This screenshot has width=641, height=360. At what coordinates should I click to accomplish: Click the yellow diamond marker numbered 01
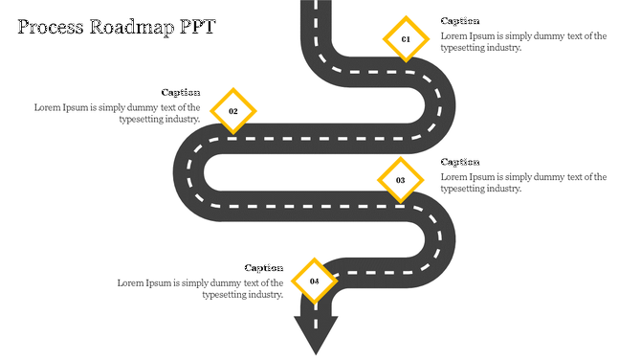pos(406,39)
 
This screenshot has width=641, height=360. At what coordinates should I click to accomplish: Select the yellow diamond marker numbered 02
pos(232,111)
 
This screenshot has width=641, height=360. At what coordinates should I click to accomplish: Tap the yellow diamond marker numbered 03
pos(401,180)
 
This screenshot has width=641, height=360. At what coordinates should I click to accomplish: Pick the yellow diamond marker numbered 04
pos(314,281)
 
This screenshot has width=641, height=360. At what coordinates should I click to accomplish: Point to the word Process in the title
pos(49,27)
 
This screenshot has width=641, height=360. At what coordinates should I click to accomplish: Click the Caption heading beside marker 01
pos(460,21)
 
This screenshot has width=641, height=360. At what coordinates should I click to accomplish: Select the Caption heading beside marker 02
pos(181,93)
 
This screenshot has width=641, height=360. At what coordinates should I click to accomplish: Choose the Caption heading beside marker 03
pos(460,162)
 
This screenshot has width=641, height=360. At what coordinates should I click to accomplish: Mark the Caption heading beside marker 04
pos(264,268)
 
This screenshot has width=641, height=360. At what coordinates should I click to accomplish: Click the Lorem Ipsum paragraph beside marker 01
pos(523,42)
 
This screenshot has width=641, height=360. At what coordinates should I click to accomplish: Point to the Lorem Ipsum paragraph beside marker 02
pos(118,114)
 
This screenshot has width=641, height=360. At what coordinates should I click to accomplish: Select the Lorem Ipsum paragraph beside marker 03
pos(523,183)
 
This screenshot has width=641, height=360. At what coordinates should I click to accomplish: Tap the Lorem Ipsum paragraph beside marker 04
pos(201,289)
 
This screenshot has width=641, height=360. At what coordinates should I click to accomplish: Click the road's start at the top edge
pos(318,8)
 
